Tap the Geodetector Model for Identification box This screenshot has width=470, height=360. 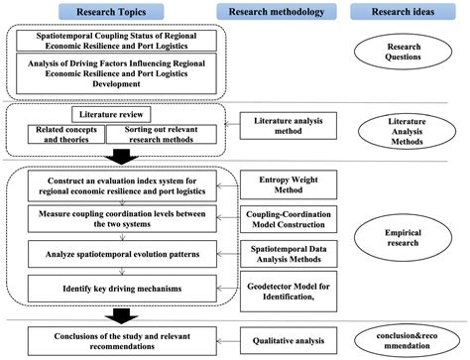(289, 290)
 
